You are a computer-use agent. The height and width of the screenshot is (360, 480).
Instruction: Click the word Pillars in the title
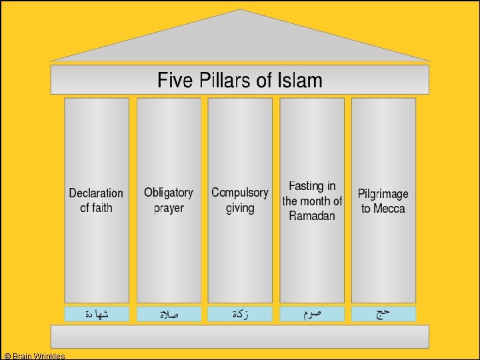coord(227,81)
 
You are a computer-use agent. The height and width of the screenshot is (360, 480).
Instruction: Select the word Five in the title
coord(175,81)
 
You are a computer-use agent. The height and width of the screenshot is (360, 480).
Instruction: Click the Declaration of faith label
coord(96,200)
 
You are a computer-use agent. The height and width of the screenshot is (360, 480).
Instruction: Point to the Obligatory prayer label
coord(168,200)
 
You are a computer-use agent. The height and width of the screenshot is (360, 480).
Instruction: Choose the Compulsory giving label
coord(240,200)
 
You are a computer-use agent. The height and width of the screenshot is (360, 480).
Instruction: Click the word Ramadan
coord(312,216)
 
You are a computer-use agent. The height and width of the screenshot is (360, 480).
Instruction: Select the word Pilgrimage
coord(383,194)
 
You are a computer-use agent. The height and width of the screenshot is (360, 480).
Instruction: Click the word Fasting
coord(303,186)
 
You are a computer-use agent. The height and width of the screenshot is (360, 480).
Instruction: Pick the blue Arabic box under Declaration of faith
coord(97,314)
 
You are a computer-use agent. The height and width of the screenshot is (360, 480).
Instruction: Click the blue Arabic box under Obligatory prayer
coord(169,314)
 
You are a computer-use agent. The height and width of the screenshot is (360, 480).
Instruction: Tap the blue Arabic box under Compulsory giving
coord(240,314)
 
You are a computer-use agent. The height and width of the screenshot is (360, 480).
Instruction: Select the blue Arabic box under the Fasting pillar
coord(312,314)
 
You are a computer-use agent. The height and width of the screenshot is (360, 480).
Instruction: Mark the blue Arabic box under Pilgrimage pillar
coord(383,314)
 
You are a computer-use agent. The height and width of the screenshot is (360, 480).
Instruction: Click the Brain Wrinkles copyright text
coord(35,356)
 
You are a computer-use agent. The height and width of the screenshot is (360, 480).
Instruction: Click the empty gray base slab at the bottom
coord(240,336)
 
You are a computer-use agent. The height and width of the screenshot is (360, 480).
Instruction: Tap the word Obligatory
coord(168,193)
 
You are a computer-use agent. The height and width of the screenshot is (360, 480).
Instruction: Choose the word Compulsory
coord(240,193)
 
